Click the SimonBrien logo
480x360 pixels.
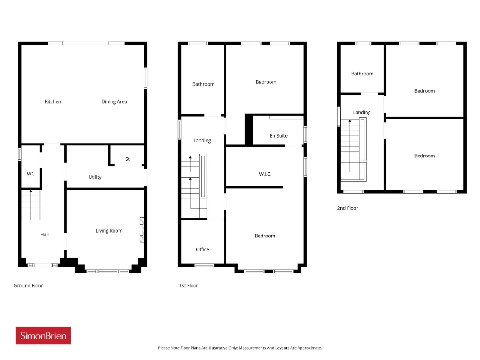[x=43, y=335]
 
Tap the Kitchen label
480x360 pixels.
[x=53, y=101]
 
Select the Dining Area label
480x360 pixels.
[x=114, y=101]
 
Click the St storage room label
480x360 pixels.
[x=127, y=159]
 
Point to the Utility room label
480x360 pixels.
[x=95, y=177]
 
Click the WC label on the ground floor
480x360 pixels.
[x=30, y=174]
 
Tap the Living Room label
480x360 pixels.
[x=109, y=231]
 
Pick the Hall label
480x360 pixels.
[x=44, y=234]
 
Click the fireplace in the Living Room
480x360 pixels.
[x=142, y=229]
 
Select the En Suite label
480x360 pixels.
[x=278, y=136]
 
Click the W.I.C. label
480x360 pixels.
[x=265, y=174]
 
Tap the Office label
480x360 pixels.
[x=202, y=249]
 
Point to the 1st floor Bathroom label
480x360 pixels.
[x=203, y=84]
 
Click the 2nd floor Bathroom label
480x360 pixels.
[x=362, y=73]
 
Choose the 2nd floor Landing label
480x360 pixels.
[x=362, y=112]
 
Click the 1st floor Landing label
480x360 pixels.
[x=202, y=141]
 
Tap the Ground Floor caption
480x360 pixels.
[x=28, y=285]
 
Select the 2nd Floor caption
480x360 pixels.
[x=348, y=208]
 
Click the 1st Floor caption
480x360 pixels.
[x=189, y=285]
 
